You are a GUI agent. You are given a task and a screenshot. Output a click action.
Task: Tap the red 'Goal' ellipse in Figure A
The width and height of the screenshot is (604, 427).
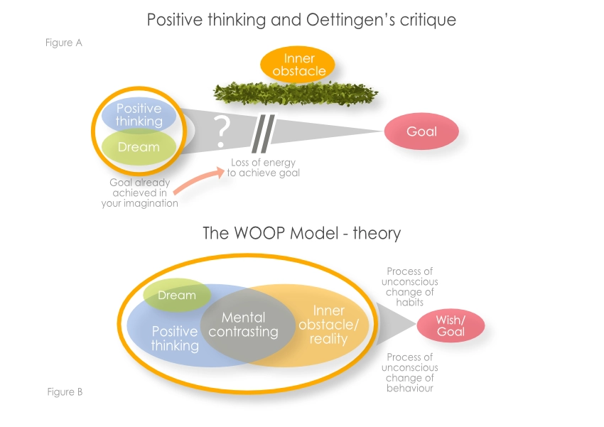coord(421,132)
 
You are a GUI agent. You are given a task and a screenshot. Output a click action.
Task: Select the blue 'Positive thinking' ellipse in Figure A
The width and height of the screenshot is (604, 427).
coord(139,114)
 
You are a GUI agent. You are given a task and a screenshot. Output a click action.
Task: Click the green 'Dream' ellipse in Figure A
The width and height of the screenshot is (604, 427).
coord(139,148)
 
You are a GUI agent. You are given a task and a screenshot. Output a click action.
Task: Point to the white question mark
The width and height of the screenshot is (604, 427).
coord(222,129)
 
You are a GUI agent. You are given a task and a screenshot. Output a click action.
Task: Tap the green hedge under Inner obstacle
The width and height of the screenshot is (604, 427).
coord(296,93)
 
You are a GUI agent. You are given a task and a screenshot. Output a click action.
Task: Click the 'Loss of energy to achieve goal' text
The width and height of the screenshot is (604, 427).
coord(263,168)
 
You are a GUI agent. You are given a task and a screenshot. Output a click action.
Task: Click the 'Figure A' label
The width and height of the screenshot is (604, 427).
coord(63,43)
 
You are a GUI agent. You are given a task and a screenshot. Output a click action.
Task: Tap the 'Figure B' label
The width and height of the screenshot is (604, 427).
coord(65,391)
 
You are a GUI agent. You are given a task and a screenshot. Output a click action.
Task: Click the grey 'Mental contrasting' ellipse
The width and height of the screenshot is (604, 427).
coord(244,325)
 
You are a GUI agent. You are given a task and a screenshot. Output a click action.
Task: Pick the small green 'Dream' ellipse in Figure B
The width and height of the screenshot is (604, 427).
coord(176,295)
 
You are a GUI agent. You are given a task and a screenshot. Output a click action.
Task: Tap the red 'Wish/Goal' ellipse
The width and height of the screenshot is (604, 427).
coord(451,326)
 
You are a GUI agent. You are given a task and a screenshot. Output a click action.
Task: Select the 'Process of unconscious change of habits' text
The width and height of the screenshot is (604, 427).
coord(410,286)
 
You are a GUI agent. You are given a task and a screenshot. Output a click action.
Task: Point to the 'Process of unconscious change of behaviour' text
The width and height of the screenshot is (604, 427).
coord(410,373)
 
